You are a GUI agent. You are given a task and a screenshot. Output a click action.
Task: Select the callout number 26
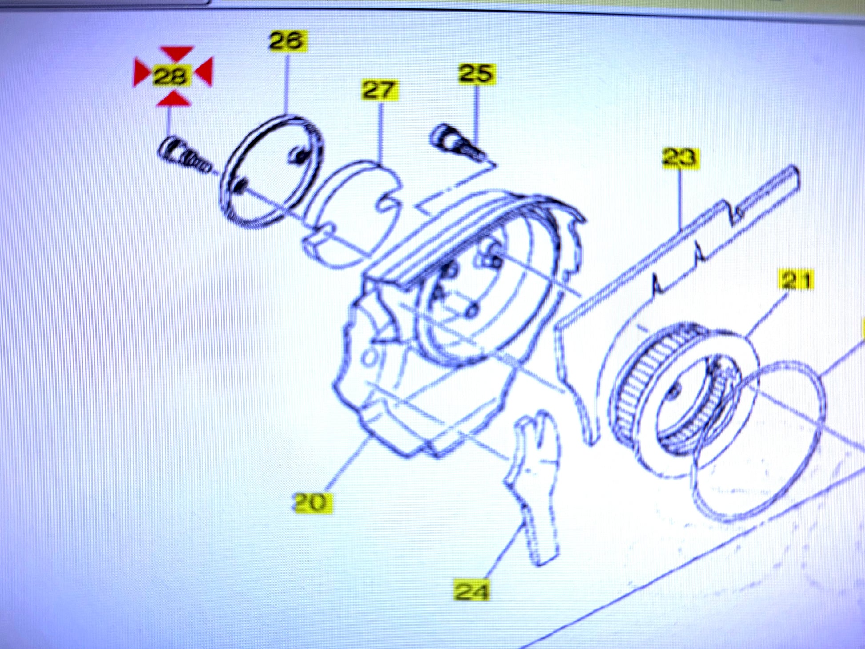coord(288,41)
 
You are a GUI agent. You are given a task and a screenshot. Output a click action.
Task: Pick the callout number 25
coord(476,74)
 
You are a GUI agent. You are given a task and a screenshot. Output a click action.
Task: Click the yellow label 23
coord(680,158)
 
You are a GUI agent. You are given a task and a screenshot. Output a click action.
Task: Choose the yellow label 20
coord(312,503)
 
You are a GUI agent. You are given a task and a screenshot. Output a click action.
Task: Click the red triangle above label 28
coord(177,53)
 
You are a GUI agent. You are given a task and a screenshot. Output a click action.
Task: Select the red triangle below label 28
coord(174,98)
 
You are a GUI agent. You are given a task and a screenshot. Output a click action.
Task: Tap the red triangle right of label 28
coord(204,71)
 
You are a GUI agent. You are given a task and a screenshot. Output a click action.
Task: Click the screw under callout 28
coord(184,156)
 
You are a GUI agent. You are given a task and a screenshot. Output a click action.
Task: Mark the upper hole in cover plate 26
coord(299,155)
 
